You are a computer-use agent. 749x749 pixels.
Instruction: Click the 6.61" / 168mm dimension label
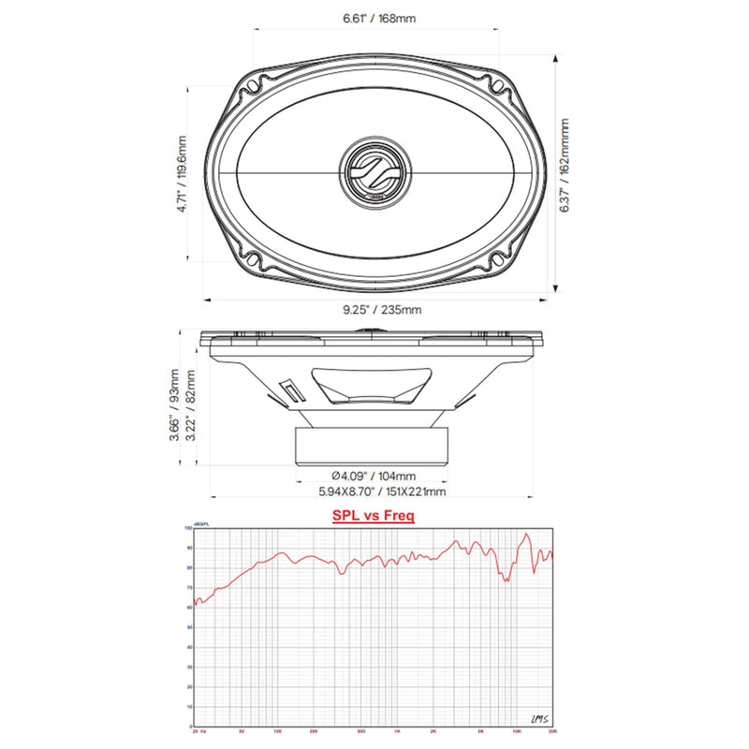click(374, 17)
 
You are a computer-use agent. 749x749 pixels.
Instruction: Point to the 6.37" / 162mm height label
click(565, 171)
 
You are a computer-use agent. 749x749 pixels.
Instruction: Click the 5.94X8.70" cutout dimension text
click(374, 492)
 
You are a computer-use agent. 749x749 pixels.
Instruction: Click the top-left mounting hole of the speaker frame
click(254, 92)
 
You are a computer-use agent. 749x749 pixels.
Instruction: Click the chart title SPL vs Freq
click(374, 515)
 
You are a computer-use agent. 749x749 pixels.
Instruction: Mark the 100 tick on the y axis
click(189, 529)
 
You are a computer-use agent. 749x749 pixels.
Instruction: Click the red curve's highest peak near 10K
click(526, 535)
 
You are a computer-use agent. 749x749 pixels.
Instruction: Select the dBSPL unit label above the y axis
click(200, 522)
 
